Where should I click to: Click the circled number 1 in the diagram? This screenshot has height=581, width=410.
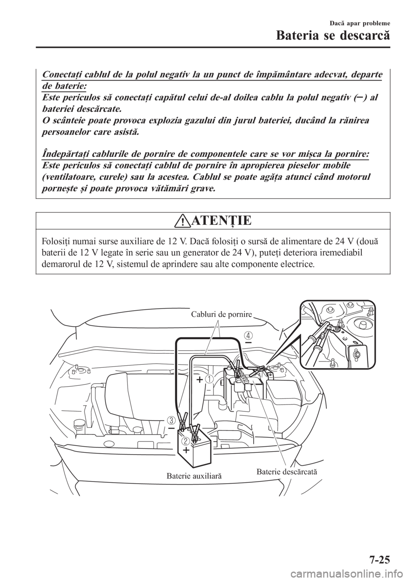click(209, 379)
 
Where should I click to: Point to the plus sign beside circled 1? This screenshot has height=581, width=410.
click(200, 379)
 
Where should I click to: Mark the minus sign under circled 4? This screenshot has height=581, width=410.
click(248, 342)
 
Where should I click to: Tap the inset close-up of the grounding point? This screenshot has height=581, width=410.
click(338, 335)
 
